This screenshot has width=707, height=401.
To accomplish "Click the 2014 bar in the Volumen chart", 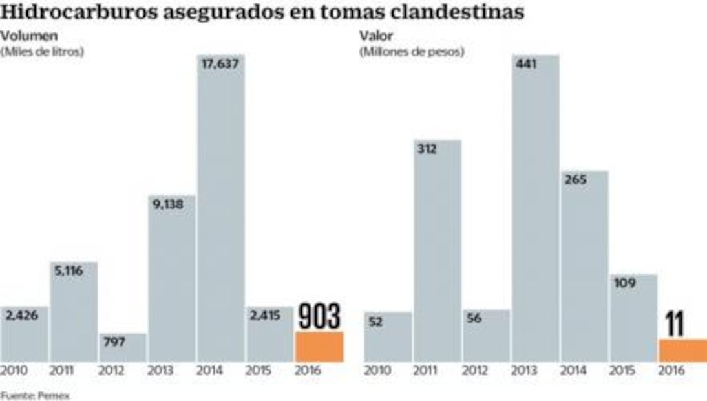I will [x=221, y=213].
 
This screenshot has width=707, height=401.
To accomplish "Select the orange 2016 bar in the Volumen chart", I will [x=319, y=347].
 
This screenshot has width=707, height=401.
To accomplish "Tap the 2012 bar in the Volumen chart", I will [x=123, y=348].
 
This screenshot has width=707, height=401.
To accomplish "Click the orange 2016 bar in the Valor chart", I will [x=682, y=350].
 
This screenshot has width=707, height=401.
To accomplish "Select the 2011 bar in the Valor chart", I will [x=438, y=252].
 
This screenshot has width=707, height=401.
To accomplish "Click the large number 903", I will [x=319, y=317].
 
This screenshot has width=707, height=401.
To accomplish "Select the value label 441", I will [x=527, y=64].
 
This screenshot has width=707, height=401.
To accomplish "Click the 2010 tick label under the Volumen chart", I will [x=14, y=371].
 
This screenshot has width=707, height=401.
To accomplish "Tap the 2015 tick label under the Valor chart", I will [x=623, y=371].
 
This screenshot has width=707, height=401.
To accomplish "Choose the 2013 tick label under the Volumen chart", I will [x=160, y=371].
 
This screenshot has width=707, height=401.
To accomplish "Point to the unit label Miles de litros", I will [x=43, y=52].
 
